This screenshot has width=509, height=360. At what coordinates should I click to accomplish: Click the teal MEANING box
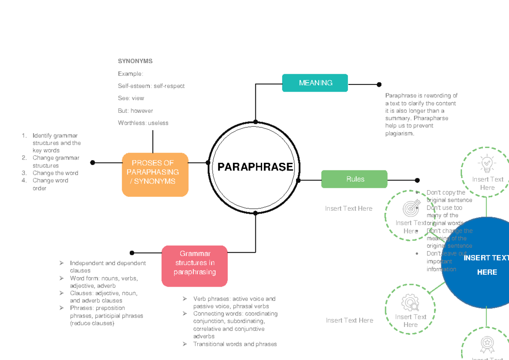pos(315,83)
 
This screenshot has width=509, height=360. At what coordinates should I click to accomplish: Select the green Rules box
pos(354,179)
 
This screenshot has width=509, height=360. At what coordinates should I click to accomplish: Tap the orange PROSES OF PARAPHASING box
pos(155,174)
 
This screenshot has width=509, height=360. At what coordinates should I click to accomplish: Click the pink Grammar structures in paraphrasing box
pos(195,265)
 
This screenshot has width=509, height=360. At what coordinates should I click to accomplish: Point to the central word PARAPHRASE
pos(255,167)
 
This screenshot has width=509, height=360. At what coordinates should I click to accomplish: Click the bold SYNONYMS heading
pos(135,61)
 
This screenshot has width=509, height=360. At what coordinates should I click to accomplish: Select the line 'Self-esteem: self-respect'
pos(151,86)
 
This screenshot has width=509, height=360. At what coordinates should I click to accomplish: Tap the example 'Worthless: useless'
pos(143,123)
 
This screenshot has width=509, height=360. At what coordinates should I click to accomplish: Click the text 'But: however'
pos(135,111)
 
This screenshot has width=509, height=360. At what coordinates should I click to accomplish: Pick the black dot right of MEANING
pos(379,84)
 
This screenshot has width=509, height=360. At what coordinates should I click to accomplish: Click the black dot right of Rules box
pos(417,180)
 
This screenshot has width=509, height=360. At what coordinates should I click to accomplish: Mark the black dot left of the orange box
pos(92,162)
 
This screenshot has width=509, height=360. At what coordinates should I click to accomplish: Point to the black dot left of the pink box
pos(132,253)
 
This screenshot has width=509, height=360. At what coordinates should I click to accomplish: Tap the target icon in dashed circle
pos(410,208)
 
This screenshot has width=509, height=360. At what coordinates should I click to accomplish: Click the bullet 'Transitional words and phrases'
pos(235,344)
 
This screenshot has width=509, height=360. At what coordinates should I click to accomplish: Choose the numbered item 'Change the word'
pos(55,173)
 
